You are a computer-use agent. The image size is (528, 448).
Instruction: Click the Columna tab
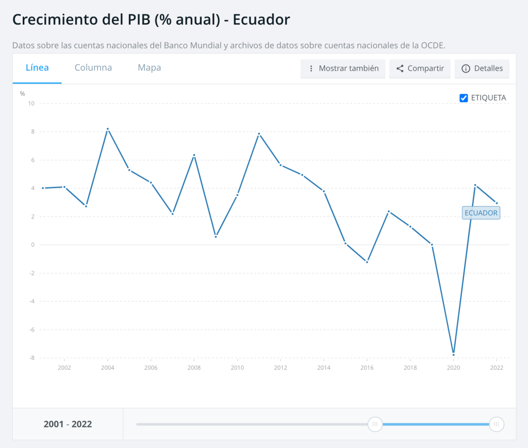(x=93, y=68)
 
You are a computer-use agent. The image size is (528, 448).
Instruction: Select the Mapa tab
(x=149, y=68)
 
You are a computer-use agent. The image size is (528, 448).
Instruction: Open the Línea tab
(x=37, y=68)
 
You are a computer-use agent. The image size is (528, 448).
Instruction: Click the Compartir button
(x=420, y=68)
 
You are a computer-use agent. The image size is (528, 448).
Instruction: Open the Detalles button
(x=482, y=68)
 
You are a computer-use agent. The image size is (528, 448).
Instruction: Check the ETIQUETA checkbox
(x=464, y=98)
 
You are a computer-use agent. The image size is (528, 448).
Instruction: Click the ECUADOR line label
(x=481, y=212)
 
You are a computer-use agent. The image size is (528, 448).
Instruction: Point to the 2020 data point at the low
(x=453, y=354)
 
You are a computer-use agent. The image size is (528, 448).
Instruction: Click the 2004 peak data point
(x=107, y=129)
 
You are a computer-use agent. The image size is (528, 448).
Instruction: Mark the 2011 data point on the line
(x=259, y=134)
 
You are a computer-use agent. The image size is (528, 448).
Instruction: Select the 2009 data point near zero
(x=216, y=237)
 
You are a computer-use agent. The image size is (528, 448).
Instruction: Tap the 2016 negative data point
(x=367, y=262)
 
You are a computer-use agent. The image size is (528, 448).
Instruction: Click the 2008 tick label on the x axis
(x=194, y=368)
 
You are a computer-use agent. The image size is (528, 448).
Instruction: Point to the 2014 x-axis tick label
(x=323, y=368)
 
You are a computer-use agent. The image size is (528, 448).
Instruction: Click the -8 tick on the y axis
(x=31, y=358)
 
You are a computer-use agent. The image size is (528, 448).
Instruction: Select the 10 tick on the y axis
(x=31, y=103)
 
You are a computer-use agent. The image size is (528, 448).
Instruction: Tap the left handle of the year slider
(x=375, y=424)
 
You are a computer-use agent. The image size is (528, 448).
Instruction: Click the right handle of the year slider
(x=496, y=424)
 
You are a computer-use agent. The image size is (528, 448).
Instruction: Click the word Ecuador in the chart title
(x=261, y=20)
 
